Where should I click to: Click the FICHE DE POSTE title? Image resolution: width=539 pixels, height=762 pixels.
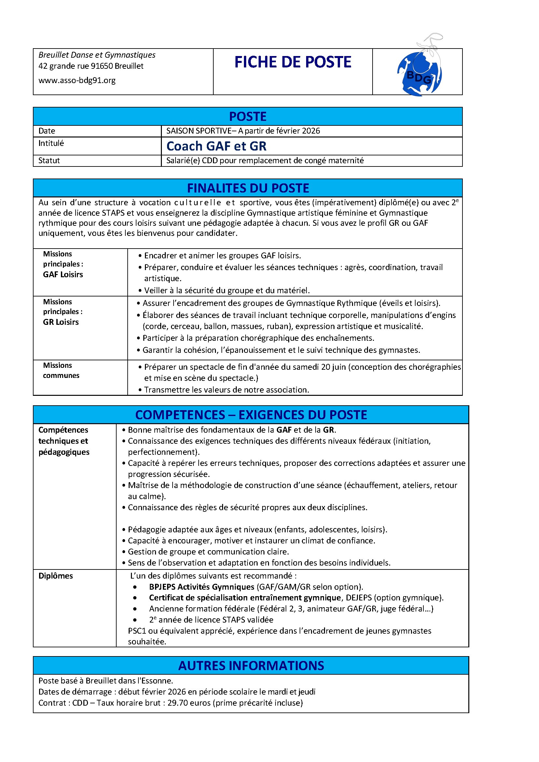[292, 62]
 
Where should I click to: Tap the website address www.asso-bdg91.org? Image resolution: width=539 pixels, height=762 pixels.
[77, 80]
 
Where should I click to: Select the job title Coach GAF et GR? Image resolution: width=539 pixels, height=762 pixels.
[216, 146]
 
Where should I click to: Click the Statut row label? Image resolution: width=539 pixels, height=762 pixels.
[49, 161]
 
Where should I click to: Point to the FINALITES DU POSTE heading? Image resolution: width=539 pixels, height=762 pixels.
[248, 188]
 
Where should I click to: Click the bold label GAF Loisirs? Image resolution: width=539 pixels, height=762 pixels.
[63, 275]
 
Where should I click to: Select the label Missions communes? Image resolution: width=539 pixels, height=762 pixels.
[61, 370]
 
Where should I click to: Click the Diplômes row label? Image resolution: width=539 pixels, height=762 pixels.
[55, 576]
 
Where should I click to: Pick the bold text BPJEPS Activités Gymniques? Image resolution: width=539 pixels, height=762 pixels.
[202, 587]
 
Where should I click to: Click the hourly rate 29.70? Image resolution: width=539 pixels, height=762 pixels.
[176, 703]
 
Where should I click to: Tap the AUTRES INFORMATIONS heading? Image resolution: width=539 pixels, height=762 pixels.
[251, 666]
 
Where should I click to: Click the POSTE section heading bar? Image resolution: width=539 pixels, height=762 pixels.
[248, 117]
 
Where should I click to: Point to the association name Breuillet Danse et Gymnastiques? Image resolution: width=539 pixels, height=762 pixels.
[97, 55]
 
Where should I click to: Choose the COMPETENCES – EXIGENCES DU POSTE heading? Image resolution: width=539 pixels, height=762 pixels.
[251, 415]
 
